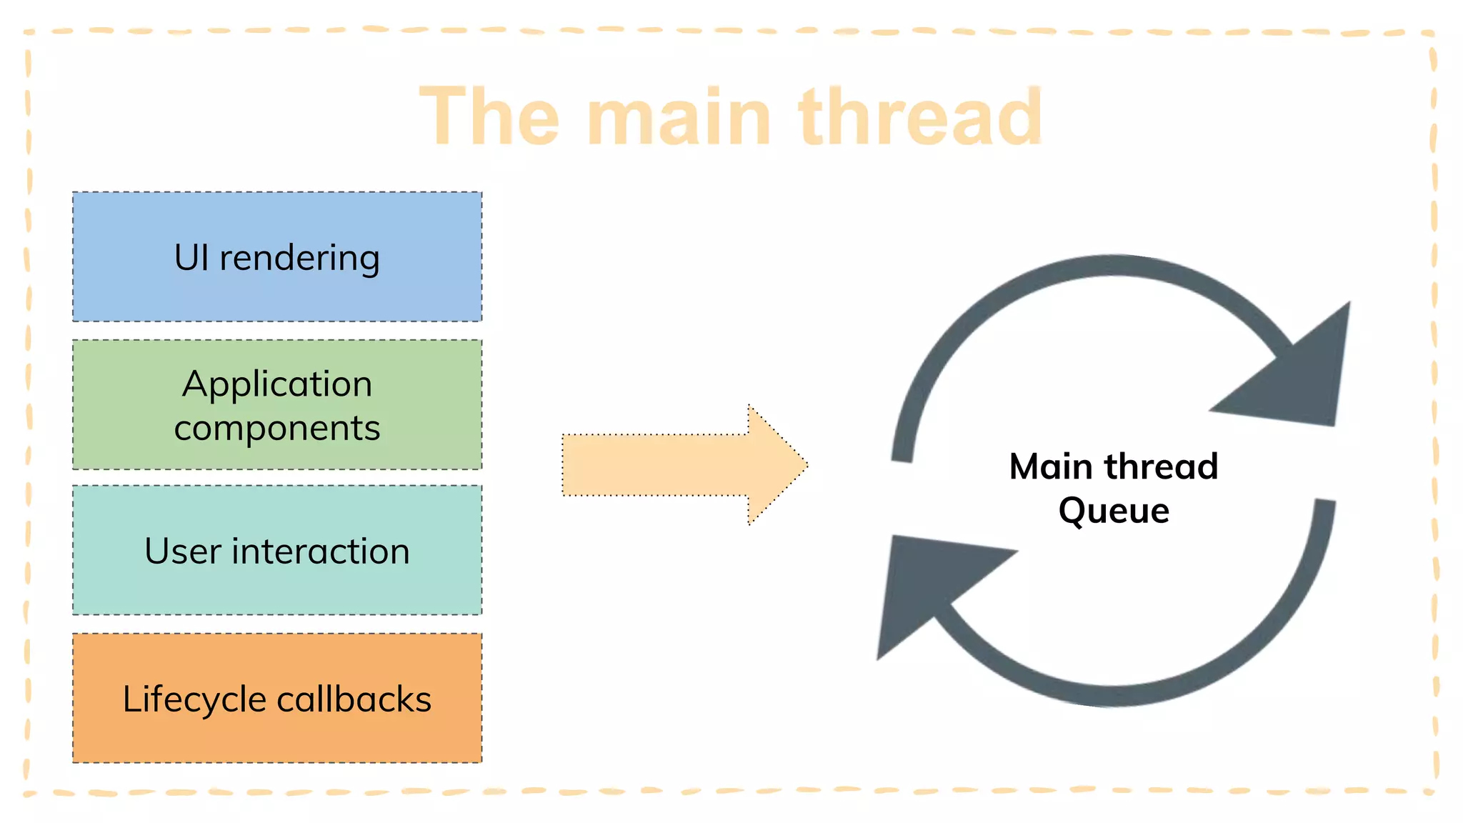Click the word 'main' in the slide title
(679, 118)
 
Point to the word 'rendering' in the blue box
(299, 259)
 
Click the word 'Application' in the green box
(277, 384)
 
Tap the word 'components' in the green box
(277, 429)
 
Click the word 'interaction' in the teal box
(321, 552)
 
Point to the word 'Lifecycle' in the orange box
(194, 699)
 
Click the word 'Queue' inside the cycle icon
(1114, 511)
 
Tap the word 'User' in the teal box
(182, 552)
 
